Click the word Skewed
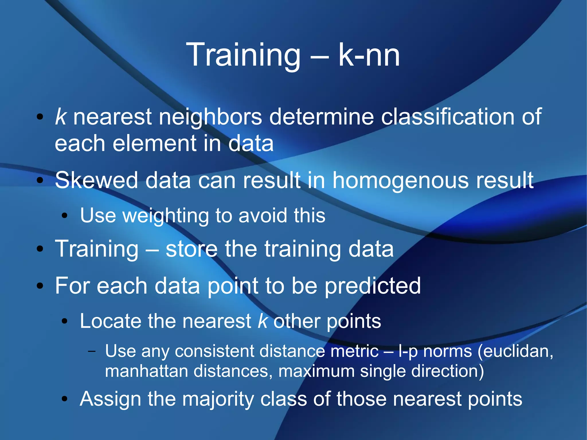point(97,180)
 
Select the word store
point(191,249)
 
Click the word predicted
point(372,286)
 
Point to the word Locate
point(110,321)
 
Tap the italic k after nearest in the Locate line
point(262,321)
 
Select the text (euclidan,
point(515,351)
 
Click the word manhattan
point(146,371)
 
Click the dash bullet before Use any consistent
point(92,351)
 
